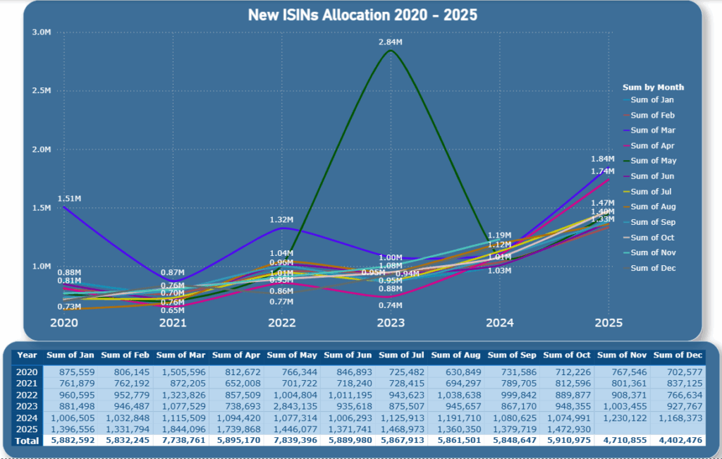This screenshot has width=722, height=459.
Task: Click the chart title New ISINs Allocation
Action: pyautogui.click(x=362, y=15)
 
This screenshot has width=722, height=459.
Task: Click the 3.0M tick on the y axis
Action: pyautogui.click(x=42, y=32)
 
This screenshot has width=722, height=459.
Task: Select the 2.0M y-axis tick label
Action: pyautogui.click(x=42, y=149)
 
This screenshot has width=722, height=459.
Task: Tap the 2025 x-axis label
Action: pyautogui.click(x=608, y=323)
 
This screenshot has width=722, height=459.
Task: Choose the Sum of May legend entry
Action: pyautogui.click(x=653, y=161)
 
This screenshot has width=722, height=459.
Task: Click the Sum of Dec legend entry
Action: pyautogui.click(x=653, y=268)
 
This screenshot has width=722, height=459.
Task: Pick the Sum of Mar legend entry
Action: pyautogui.click(x=653, y=130)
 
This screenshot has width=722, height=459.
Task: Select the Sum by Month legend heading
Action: pyautogui.click(x=653, y=87)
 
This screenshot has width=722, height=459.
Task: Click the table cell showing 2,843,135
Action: pyautogui.click(x=292, y=405)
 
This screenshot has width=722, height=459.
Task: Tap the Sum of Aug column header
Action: pyautogui.click(x=456, y=355)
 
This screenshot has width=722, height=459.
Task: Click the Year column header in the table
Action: pyautogui.click(x=27, y=355)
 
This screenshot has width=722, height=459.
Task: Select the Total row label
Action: pyautogui.click(x=27, y=441)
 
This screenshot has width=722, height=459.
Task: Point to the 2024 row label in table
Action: pyautogui.click(x=27, y=417)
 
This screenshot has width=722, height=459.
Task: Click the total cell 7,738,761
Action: pyautogui.click(x=182, y=441)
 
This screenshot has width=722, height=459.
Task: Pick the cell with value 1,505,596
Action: pyautogui.click(x=182, y=371)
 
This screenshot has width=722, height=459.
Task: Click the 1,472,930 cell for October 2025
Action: pyautogui.click(x=567, y=429)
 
